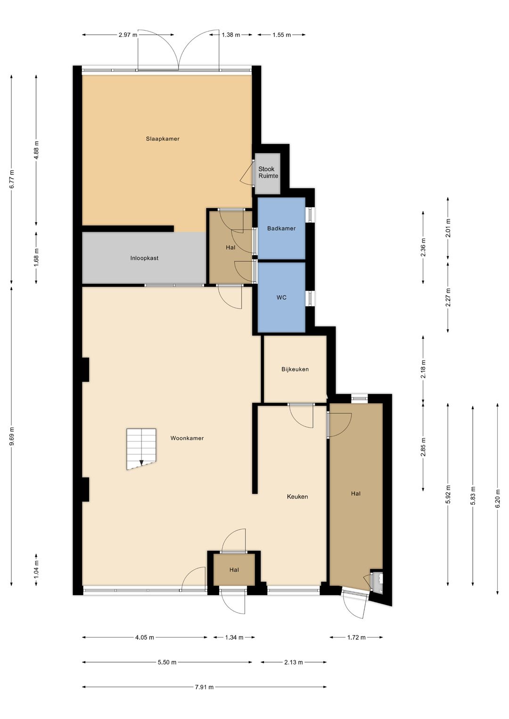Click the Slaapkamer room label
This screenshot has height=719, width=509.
coord(163,138)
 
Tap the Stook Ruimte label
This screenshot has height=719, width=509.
coord(268,172)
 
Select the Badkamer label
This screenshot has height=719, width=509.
coord(281,228)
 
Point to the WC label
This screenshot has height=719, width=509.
coord(281,298)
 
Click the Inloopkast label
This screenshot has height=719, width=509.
coord(144,258)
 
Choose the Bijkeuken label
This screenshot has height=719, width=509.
coord(295,369)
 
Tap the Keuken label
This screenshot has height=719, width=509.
coord(297,497)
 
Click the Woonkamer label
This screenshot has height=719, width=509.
coord(187,438)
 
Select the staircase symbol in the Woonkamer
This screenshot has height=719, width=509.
coord(141,449)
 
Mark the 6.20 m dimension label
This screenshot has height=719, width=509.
coord(497,498)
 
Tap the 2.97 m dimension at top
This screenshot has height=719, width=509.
coord(128,35)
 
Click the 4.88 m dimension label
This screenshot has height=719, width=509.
coord(36,150)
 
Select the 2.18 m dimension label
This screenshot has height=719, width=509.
coord(423,369)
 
